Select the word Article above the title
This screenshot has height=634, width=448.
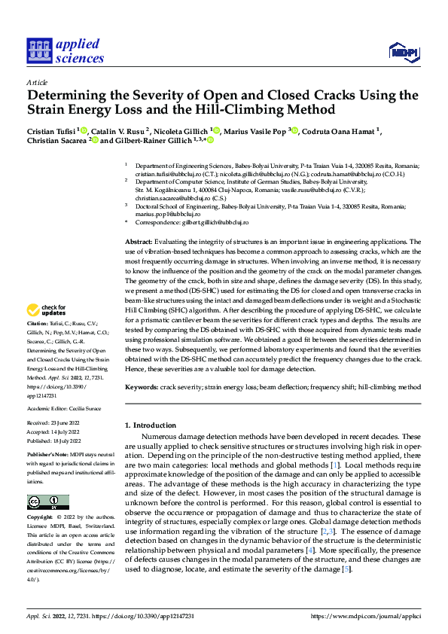click(37, 81)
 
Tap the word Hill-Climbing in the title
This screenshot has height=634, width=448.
click(250, 110)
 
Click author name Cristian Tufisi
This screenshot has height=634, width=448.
click(52, 131)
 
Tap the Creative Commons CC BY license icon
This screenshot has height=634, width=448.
click(47, 502)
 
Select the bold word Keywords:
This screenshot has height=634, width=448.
click(142, 386)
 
